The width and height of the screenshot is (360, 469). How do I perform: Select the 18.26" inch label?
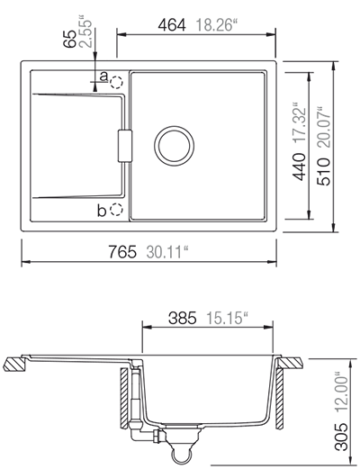(x=213, y=25)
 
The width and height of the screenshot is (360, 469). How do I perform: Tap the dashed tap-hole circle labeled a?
(x=116, y=80)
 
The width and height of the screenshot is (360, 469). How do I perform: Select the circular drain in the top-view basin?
(x=173, y=144)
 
